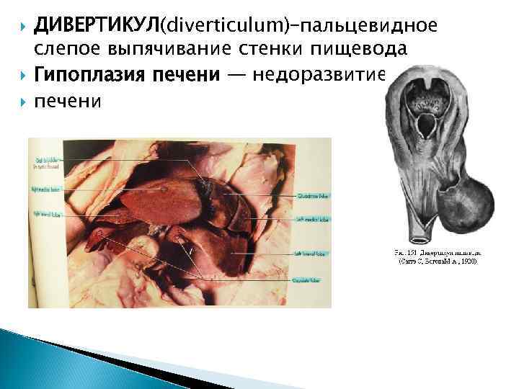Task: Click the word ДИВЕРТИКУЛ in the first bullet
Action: [97, 27]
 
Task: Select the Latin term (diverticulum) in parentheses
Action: [225, 27]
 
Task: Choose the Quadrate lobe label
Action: [311, 195]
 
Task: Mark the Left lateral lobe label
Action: [311, 253]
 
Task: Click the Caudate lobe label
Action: [311, 279]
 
